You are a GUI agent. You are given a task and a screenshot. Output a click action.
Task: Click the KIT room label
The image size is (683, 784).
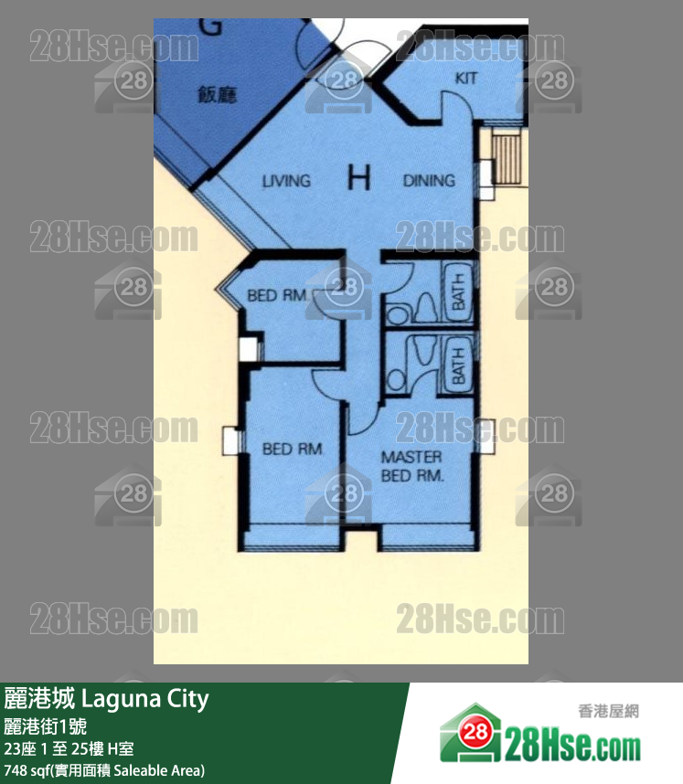click(x=466, y=79)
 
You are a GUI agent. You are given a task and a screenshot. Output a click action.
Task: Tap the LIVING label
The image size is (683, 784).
click(x=286, y=181)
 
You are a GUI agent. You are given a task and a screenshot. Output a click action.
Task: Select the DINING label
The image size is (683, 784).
click(x=429, y=181)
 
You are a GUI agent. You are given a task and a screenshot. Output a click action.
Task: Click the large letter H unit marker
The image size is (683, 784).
click(x=359, y=178)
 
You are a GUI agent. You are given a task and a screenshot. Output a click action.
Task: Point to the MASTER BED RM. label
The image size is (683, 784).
click(x=411, y=466)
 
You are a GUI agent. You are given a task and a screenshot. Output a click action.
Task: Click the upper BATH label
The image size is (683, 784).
click(x=457, y=291)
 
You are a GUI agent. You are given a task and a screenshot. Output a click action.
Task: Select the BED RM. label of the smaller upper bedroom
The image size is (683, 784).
click(x=278, y=296)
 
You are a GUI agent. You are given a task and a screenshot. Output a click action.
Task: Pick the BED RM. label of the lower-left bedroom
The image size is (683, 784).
click(x=288, y=449)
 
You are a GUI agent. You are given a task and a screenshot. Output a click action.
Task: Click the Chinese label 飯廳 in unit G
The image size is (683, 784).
click(x=217, y=94)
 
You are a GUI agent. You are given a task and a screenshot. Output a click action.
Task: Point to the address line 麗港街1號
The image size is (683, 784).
click(x=46, y=727)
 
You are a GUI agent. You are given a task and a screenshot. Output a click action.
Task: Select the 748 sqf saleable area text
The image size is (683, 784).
click(x=104, y=769)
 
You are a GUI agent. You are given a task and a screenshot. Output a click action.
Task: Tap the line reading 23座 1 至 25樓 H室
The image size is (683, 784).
click(x=69, y=749)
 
